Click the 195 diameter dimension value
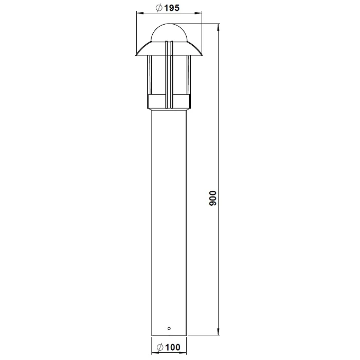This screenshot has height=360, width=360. [171, 8]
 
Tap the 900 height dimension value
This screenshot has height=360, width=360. [213, 198]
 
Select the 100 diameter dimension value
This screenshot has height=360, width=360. [173, 347]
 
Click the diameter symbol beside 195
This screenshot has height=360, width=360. [159, 8]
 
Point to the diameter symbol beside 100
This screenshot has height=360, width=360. [160, 347]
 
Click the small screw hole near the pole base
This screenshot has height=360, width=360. [169, 329]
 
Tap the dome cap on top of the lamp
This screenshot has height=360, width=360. [169, 32]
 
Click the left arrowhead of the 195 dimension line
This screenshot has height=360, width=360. [139, 13]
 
